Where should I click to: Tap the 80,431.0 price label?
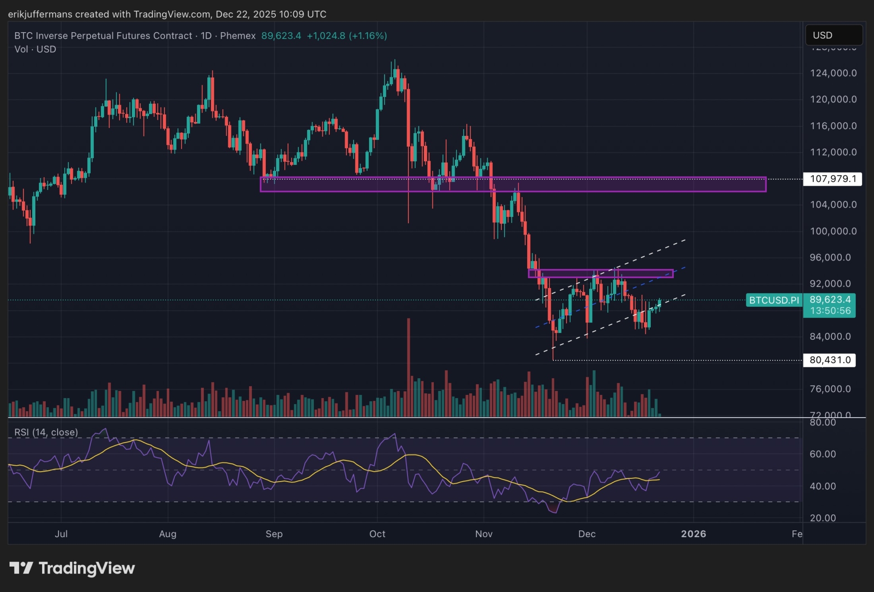pos(830,360)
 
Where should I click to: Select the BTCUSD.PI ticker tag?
pos(774,300)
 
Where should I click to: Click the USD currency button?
pos(833,35)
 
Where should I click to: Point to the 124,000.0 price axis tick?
pos(833,73)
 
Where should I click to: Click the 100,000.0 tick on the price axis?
pos(833,231)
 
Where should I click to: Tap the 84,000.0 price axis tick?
pos(830,337)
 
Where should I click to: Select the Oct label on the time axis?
pos(377,534)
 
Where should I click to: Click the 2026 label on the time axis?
pos(693,534)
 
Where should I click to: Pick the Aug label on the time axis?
pos(168,534)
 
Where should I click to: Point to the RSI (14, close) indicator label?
pos(46,432)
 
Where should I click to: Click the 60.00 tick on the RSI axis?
pos(823,454)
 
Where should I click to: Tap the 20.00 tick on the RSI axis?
pos(823,518)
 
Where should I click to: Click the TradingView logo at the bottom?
pos(72,568)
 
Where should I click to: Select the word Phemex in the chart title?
pos(238,36)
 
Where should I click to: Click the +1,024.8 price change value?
pos(326,36)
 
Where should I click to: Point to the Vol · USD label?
pos(35,49)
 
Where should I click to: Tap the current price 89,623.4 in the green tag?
pos(830,299)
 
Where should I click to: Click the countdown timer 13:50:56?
pos(830,311)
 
